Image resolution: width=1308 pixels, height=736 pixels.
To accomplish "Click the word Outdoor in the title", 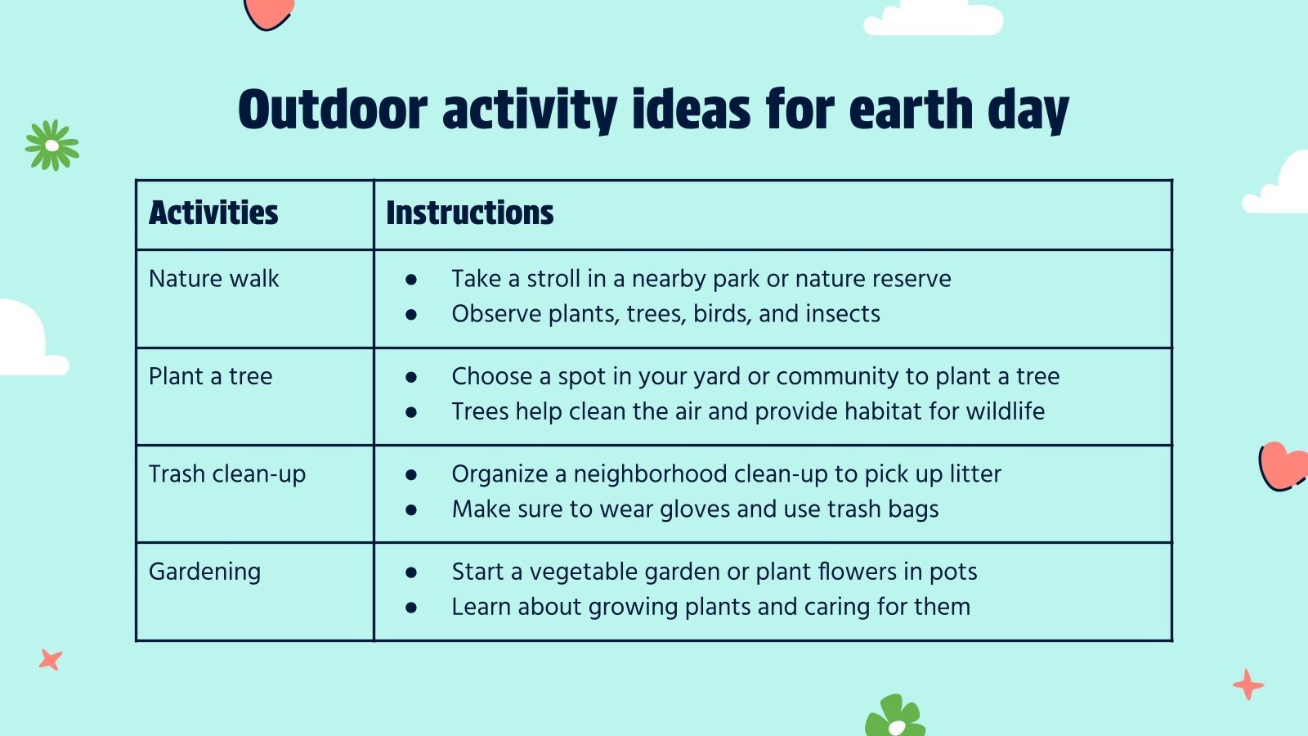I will pos(333,110).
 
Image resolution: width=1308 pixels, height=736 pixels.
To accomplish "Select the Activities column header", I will pos(213,213).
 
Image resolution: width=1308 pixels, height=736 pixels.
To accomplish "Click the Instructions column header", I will pos(469,213).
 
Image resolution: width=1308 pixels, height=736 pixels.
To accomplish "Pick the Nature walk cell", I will pos(214,279).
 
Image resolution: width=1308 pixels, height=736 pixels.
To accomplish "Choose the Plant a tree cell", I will pos(211,376).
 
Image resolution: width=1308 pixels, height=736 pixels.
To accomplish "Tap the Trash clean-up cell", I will pos(227,474).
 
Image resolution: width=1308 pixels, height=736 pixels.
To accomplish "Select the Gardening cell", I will pos(204,572).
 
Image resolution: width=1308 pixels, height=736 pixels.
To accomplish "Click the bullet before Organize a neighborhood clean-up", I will pos(411,475).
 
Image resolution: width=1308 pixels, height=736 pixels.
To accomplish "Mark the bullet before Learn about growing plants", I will pos(411,608).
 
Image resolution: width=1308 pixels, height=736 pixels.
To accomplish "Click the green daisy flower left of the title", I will pos(52,146).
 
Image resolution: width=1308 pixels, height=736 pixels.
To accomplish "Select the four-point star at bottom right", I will pos(1248,684).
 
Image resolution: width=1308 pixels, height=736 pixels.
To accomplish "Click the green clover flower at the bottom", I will pos(894,718).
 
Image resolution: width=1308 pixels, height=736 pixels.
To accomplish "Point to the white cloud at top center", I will pos(933,18).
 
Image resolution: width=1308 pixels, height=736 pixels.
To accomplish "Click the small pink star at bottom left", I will pos(51,659).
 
